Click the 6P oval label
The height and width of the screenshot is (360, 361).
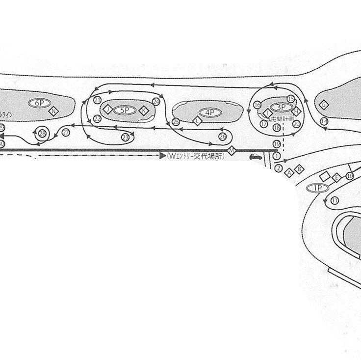(40, 103)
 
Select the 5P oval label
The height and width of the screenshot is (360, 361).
(125, 110)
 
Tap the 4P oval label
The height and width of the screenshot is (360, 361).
(210, 112)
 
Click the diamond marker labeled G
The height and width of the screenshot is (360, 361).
(324, 104)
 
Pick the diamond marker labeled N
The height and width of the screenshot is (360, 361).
(54, 111)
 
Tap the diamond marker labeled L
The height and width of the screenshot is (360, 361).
(198, 120)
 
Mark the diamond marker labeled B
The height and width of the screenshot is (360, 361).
(300, 168)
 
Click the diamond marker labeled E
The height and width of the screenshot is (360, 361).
(336, 178)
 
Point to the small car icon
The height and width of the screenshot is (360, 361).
(255, 157)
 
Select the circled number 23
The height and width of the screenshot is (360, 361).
(126, 137)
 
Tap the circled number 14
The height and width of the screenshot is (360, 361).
(324, 121)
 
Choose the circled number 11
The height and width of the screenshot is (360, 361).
(335, 200)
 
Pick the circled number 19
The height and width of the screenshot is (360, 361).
(277, 143)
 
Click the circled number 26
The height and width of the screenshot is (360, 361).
(223, 136)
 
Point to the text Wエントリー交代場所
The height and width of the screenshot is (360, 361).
(195, 156)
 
